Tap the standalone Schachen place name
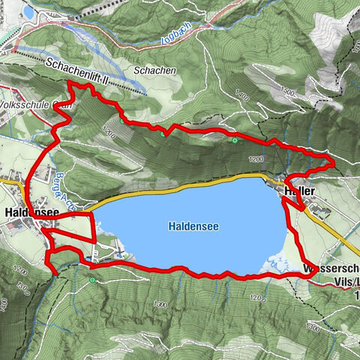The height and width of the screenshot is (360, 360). tap(154, 70)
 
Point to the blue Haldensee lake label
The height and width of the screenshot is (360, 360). tap(193, 224)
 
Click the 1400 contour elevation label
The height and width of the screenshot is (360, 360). tap(241, 95)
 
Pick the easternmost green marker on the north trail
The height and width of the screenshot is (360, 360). tap(235, 139)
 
